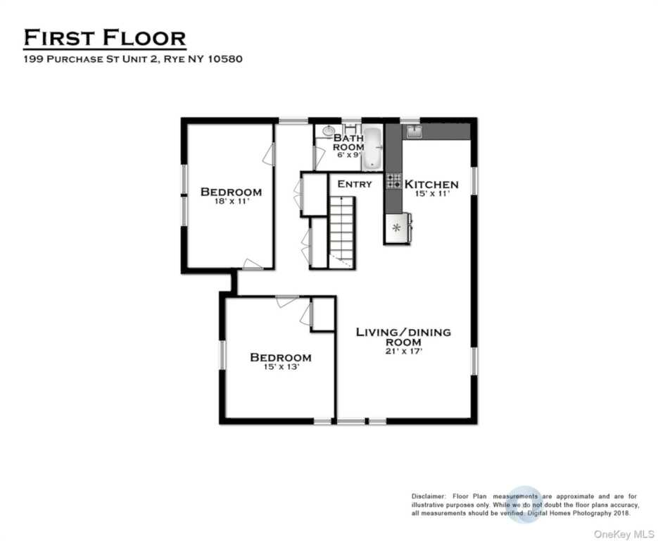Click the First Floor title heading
(105, 37)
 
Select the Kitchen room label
(431, 185)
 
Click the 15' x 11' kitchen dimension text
(431, 194)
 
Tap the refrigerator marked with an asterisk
(396, 228)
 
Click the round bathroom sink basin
(329, 131)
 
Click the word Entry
(355, 185)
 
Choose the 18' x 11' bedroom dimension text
(231, 201)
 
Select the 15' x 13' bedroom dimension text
(280, 366)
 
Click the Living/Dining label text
(403, 332)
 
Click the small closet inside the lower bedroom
(323, 314)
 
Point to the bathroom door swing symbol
(319, 157)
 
